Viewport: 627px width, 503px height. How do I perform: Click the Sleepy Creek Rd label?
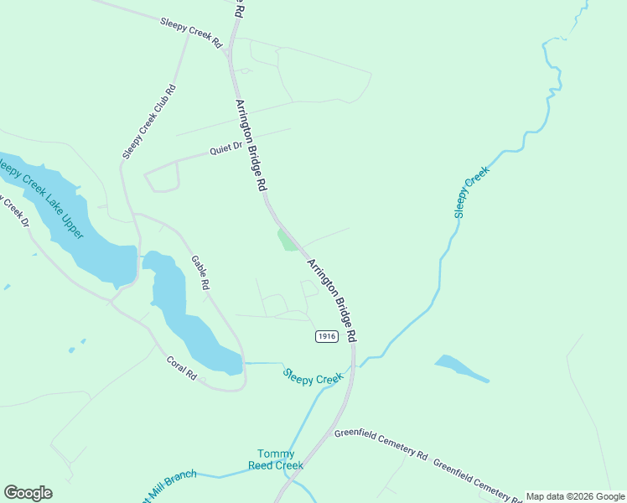pyautogui.click(x=192, y=30)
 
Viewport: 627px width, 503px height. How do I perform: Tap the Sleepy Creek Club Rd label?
pyautogui.click(x=149, y=122)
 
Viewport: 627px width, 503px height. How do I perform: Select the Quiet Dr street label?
pyautogui.click(x=225, y=149)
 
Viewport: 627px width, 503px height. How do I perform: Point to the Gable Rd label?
pyautogui.click(x=199, y=272)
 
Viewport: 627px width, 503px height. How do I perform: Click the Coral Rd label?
pyautogui.click(x=181, y=369)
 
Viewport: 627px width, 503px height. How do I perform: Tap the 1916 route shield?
pyautogui.click(x=327, y=336)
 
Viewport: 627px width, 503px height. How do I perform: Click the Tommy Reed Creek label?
pyautogui.click(x=276, y=459)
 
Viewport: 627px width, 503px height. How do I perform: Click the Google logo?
pyautogui.click(x=28, y=493)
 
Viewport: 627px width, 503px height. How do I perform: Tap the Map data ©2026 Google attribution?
pyautogui.click(x=574, y=496)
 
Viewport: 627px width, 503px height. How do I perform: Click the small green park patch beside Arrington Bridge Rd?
pyautogui.click(x=288, y=241)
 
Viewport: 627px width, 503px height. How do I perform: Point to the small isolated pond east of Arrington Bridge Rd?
pyautogui.click(x=459, y=368)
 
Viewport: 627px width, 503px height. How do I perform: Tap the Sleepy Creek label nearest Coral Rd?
pyautogui.click(x=313, y=378)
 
